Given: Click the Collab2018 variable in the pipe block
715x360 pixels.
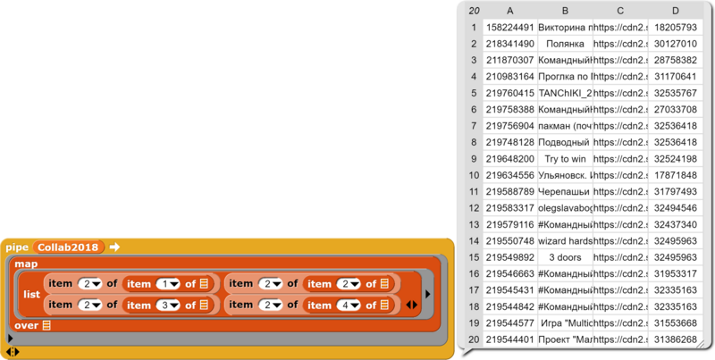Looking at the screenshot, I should pos(69,247).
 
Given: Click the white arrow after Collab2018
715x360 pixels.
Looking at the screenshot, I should pos(114,247).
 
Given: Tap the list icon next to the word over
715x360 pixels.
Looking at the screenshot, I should pos(46,324).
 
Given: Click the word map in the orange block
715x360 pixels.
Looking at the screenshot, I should pos(26,264).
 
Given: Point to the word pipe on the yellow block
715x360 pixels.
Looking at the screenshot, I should pos(17,247).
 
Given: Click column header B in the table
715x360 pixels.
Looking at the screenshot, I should pos(565,11).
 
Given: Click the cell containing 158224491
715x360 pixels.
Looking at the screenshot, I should pos(509,27).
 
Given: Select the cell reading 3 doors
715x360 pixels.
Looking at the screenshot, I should pos(565,256).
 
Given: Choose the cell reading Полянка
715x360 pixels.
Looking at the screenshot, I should pos(565,43).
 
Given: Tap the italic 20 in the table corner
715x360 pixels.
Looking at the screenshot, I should pos(471,11).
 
